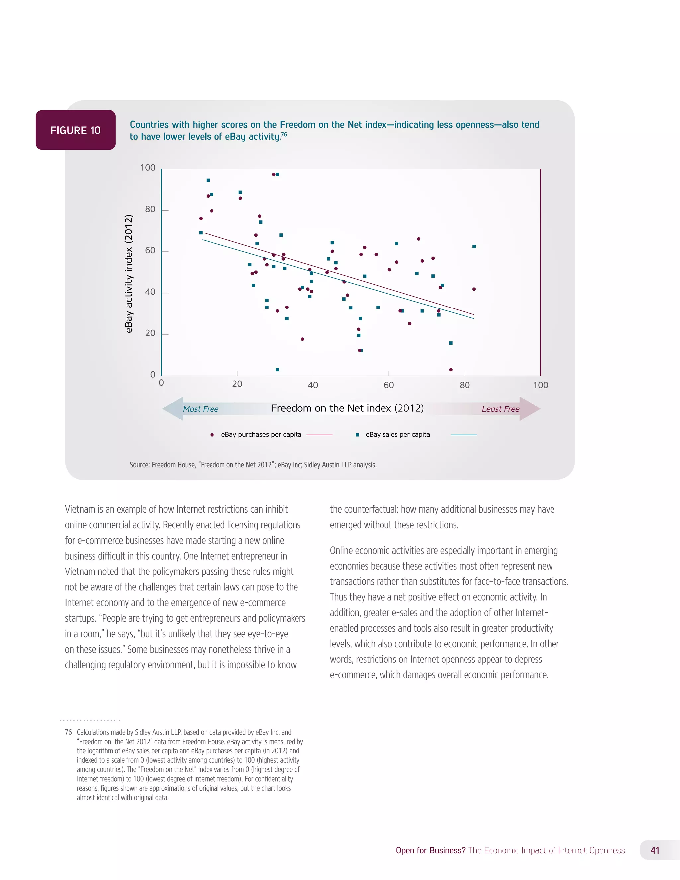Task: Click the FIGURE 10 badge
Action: [75, 130]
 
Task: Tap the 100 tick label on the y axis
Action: [148, 168]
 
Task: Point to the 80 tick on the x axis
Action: [465, 385]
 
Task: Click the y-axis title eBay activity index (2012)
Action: [128, 274]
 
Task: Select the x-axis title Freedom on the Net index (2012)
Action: [347, 408]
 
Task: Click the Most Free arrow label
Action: [200, 409]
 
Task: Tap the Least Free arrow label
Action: [500, 409]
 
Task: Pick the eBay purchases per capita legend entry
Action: [261, 434]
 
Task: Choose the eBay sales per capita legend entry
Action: [397, 434]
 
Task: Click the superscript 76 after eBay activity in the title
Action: [284, 134]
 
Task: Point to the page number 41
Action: [655, 850]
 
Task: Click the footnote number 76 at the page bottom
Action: [68, 732]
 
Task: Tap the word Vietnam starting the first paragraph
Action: [79, 509]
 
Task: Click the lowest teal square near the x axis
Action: [277, 370]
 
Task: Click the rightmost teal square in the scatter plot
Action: [474, 247]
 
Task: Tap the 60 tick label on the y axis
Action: [150, 251]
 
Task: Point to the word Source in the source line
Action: [139, 465]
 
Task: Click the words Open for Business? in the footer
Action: [430, 850]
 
